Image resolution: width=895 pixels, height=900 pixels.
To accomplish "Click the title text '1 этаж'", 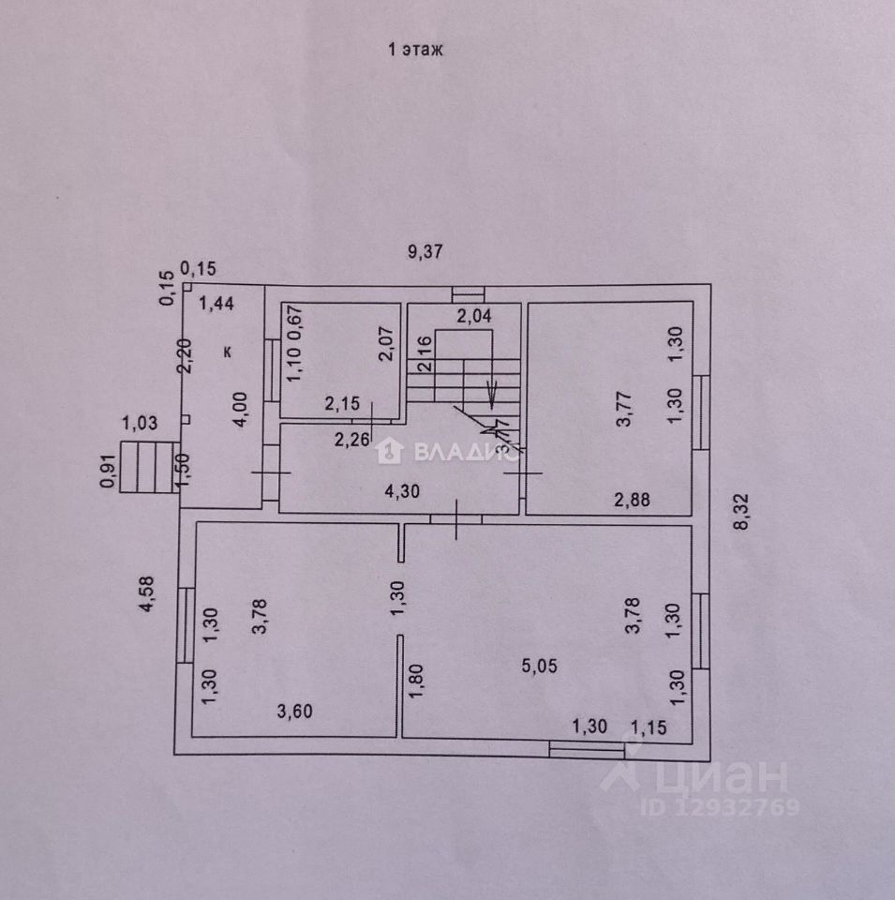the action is coord(414,51).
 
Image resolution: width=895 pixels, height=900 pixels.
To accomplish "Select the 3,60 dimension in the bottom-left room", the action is coord(294,711).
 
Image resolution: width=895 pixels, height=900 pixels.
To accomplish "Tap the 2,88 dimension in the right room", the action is coord(632,500).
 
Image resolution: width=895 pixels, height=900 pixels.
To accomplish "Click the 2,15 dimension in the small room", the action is coord(341,405).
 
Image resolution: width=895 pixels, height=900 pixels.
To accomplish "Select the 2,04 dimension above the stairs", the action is coord(473,317).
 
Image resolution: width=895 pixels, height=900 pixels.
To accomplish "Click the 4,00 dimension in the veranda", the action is coord(241,409).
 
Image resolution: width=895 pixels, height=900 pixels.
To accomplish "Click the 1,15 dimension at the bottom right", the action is coord(649,725).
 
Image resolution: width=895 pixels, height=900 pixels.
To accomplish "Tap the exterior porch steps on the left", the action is coord(148,466).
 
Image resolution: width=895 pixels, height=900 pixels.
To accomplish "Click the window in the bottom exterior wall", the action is coord(586,748).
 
